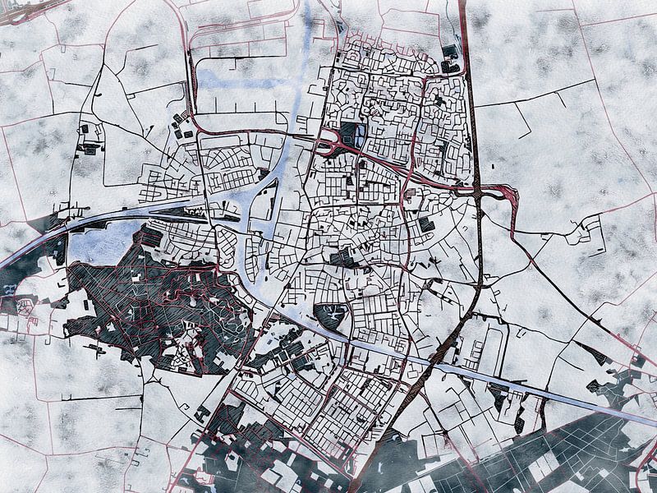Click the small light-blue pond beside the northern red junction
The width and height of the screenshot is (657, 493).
pyautogui.click(x=363, y=134)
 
